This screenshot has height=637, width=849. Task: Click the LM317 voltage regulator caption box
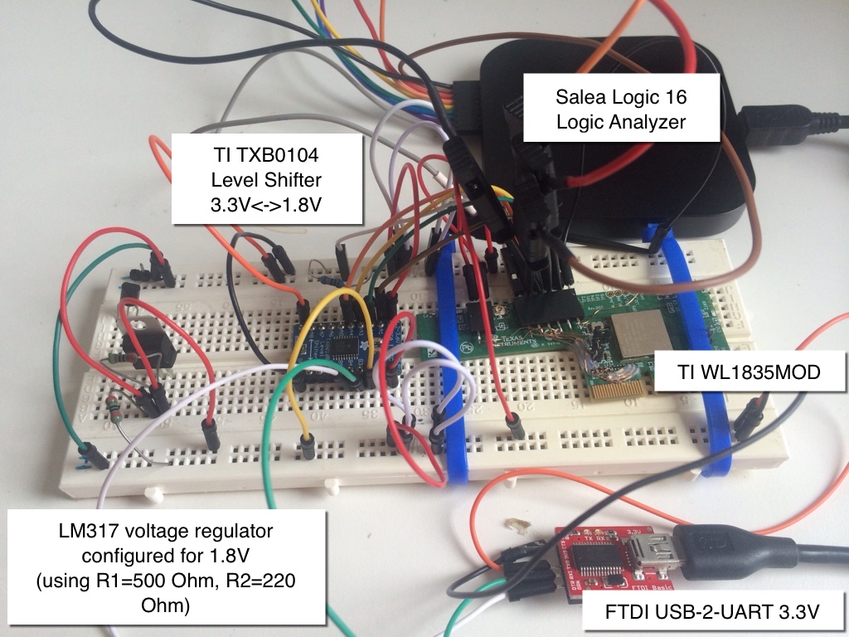(166, 568)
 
